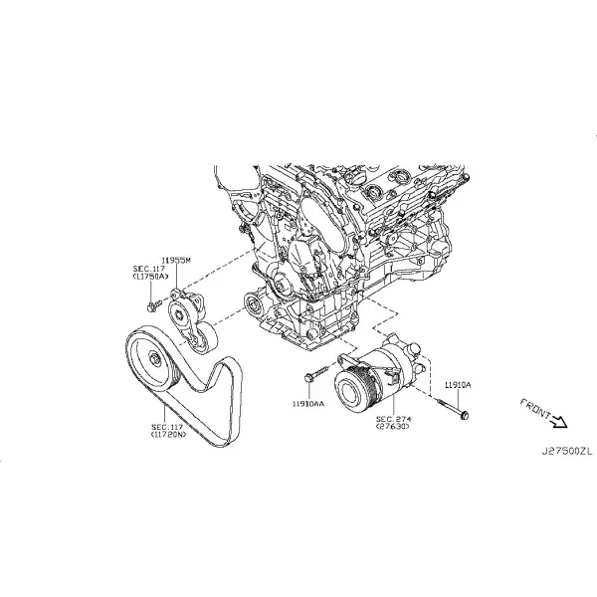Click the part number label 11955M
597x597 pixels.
coord(176,261)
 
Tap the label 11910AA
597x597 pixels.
coord(308,404)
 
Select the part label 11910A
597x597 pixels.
coord(458,385)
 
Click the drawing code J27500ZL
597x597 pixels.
coord(567,452)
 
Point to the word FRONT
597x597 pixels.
coord(535,409)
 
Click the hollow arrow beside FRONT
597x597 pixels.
coord(559,421)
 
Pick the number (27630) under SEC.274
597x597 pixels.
coord(393,427)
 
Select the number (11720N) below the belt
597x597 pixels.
coord(169,434)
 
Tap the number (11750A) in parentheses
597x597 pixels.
coord(150,277)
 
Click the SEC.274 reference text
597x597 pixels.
coord(394,419)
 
